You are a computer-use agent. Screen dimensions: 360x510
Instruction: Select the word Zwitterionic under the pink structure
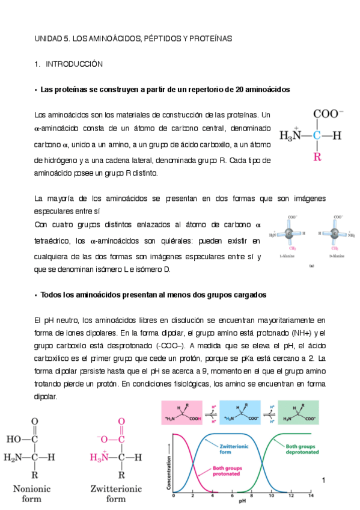(116, 489)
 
